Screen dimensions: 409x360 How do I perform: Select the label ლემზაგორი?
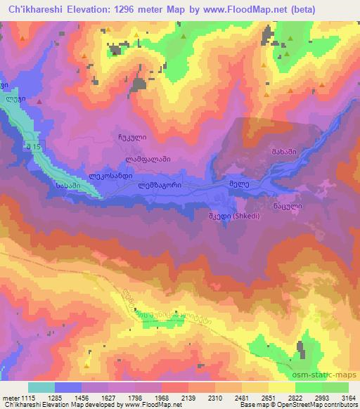pos(160,185)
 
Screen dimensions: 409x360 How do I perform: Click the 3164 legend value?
pos(347,397)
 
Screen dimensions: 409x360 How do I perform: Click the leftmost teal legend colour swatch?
pos(41,387)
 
